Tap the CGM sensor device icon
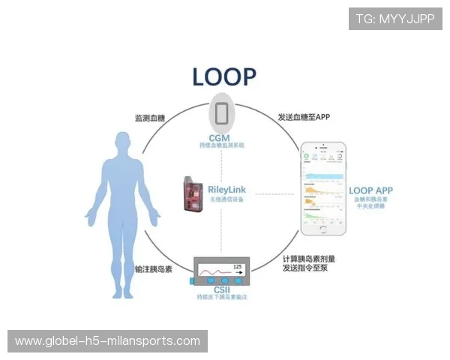tap(223, 113)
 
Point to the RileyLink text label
tap(229, 190)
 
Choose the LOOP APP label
tap(371, 191)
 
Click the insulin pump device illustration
tap(222, 271)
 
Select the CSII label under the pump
tap(222, 289)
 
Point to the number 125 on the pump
tap(238, 265)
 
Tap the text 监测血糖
tap(149, 118)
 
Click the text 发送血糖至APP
tap(304, 118)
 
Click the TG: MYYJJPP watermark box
tap(395, 18)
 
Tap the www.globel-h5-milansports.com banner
tap(108, 341)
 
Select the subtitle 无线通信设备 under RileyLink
tap(229, 199)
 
